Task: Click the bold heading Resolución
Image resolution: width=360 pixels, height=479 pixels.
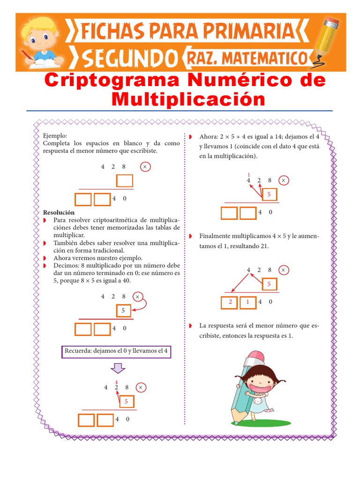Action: tap(58, 212)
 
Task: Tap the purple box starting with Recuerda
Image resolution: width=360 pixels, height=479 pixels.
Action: tap(117, 351)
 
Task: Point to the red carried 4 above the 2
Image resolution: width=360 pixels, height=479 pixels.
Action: tap(116, 382)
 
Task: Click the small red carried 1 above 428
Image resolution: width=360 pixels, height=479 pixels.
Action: tap(248, 174)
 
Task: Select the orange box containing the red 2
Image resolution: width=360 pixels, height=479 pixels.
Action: tap(230, 302)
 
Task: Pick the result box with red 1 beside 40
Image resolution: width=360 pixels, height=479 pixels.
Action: tap(248, 302)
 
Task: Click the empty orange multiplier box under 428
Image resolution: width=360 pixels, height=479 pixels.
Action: tap(125, 181)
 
